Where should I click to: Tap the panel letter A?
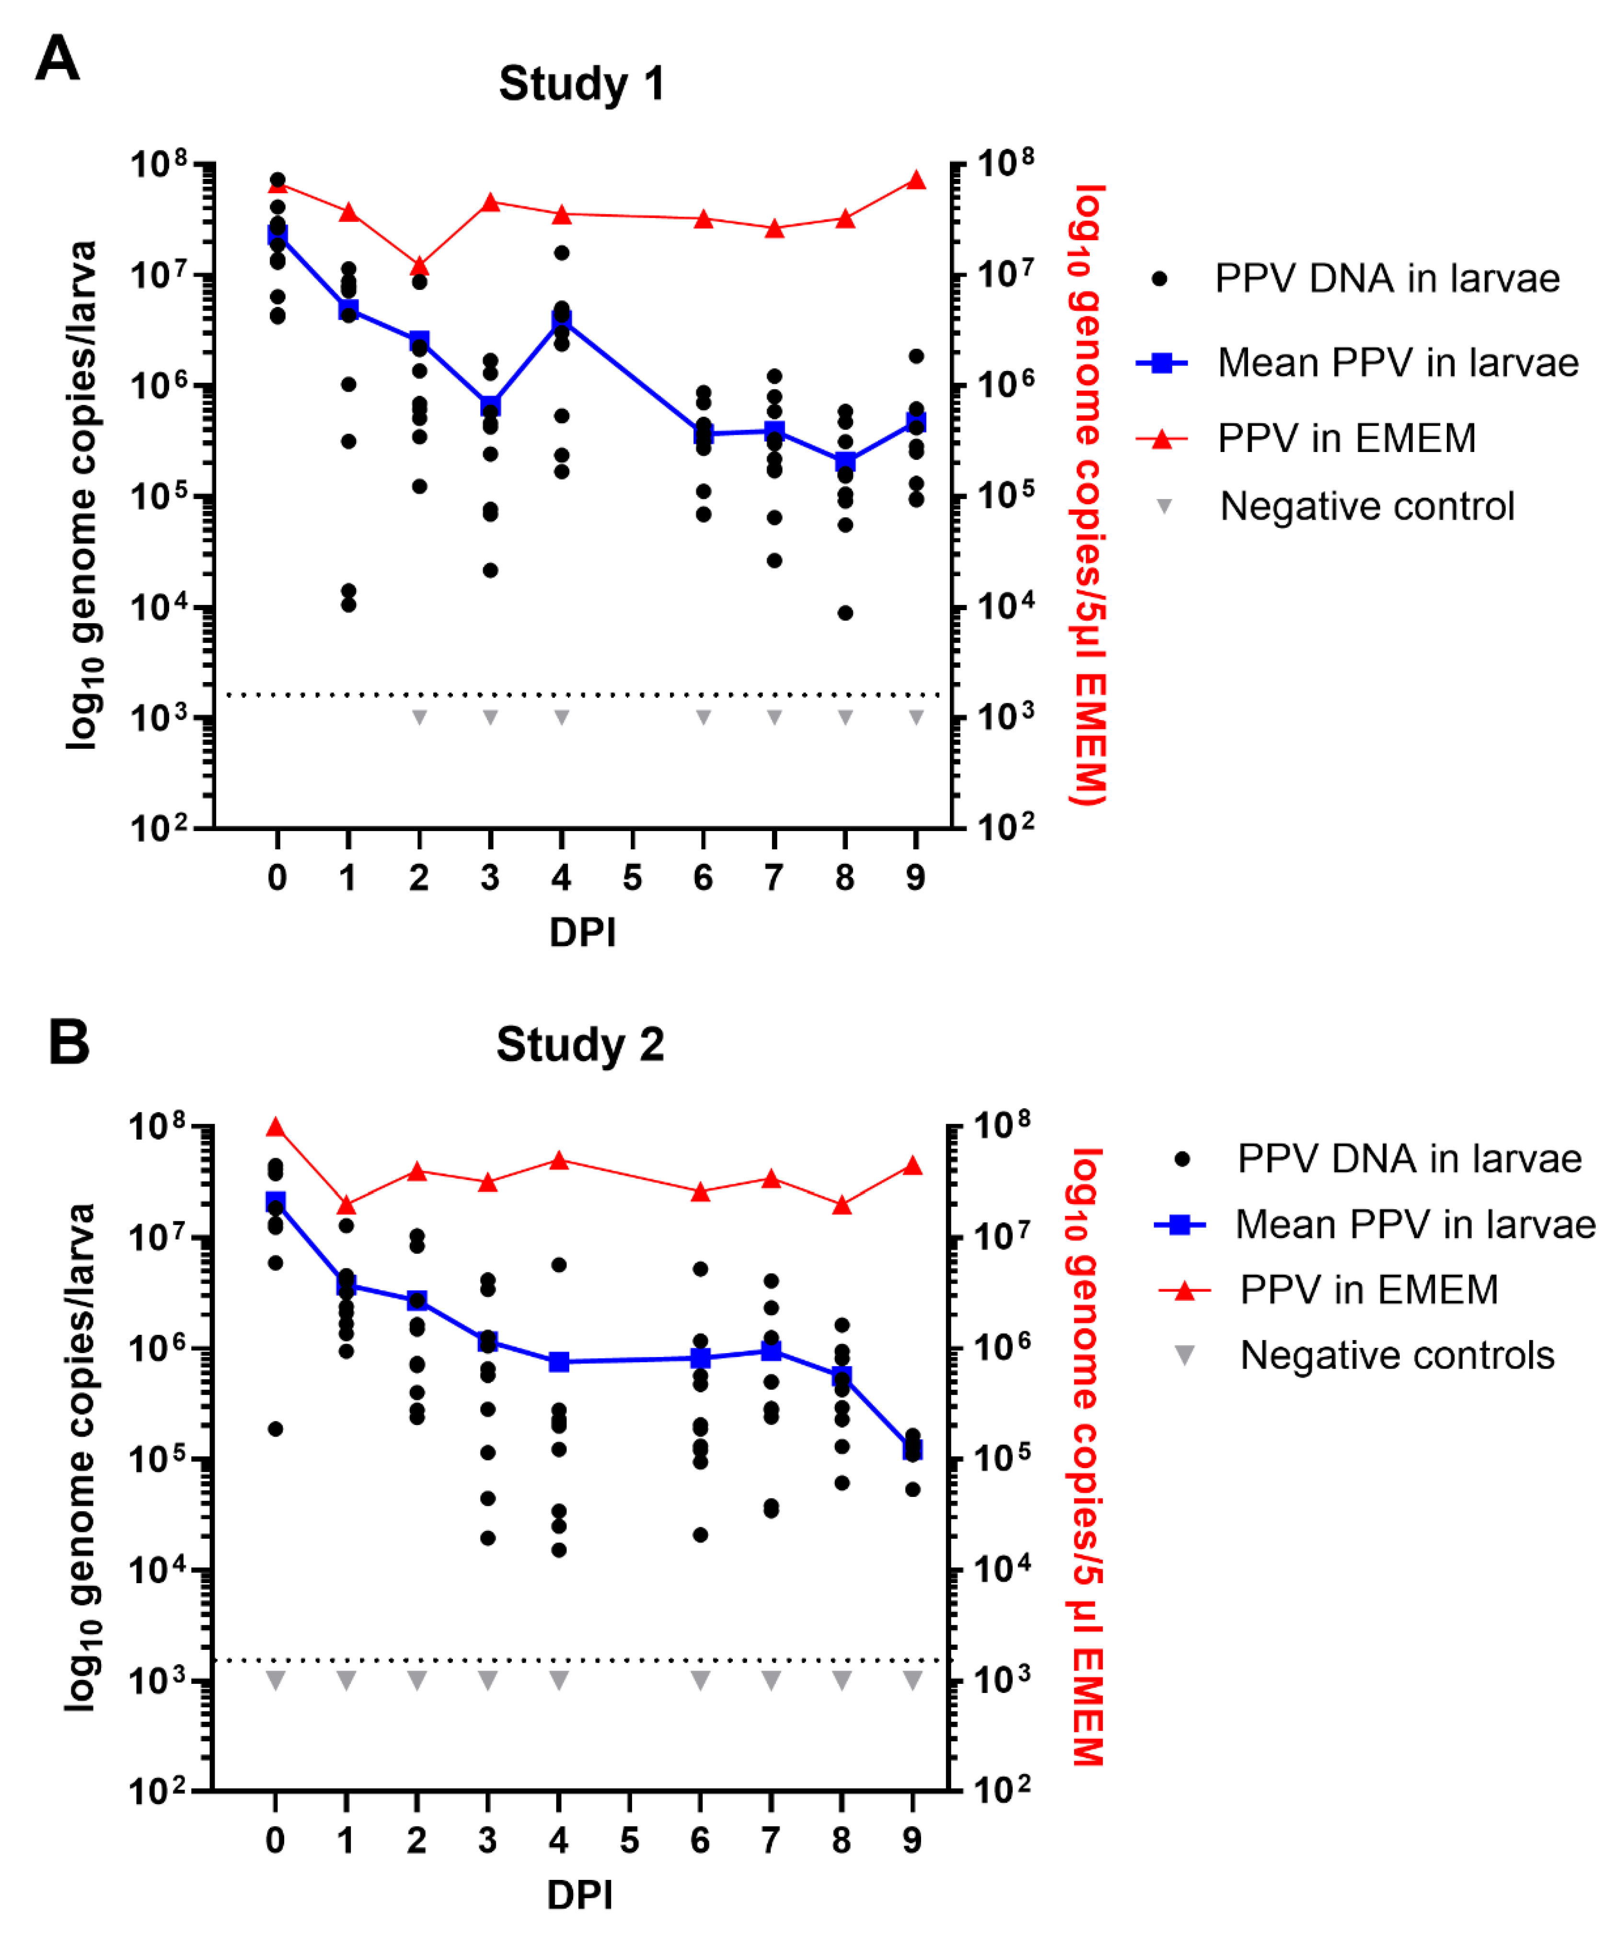57,59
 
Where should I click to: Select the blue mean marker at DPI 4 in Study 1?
561,321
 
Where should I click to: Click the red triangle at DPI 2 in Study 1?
419,266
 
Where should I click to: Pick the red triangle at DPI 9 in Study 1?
916,180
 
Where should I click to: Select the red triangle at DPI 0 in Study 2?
275,1127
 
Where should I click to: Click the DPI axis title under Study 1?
582,932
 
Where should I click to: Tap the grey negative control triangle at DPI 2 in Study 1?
419,717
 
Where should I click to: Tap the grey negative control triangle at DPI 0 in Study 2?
275,1680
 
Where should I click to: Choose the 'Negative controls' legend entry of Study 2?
1397,1356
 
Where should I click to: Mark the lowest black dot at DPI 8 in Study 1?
845,613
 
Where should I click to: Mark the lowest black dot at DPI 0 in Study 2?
275,1429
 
